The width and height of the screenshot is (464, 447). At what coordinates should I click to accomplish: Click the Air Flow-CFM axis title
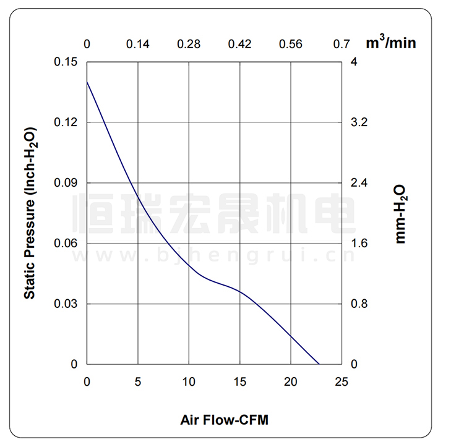(225, 420)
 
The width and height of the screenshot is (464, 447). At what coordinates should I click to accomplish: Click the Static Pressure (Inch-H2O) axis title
(29, 213)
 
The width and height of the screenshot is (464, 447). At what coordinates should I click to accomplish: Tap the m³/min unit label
(391, 43)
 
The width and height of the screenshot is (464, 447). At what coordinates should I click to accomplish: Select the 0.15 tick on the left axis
(66, 62)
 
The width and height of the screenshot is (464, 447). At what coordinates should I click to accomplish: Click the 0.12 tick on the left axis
(66, 122)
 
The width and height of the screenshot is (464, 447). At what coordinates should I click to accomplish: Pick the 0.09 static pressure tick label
(66, 183)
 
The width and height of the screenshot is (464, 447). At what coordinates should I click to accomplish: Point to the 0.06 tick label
(66, 244)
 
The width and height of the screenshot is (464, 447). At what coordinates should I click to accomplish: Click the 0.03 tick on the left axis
(66, 304)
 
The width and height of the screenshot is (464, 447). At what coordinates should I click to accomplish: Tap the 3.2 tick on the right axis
(359, 122)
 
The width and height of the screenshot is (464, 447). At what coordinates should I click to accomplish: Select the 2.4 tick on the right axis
(359, 183)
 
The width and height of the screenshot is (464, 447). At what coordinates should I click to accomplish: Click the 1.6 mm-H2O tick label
(359, 244)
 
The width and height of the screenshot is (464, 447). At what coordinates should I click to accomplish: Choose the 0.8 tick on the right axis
(359, 304)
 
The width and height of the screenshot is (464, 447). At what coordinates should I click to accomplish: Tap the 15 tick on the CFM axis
(239, 381)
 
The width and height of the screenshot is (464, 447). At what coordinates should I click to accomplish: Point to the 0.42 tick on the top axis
(239, 44)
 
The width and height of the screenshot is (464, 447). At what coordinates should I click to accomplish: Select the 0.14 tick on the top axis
(137, 44)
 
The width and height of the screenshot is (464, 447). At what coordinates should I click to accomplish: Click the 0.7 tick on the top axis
(342, 44)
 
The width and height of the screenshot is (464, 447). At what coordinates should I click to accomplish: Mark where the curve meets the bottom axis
(319, 364)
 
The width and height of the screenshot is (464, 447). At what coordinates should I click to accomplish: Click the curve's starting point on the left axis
(87, 82)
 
